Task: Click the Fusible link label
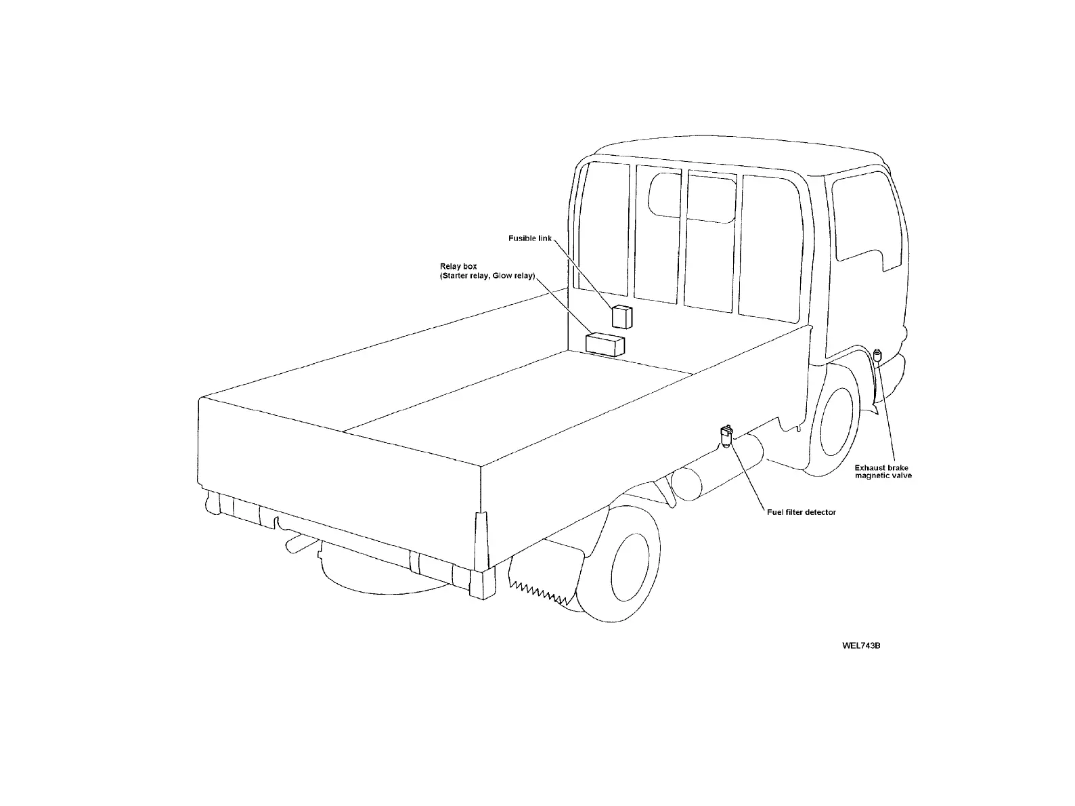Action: (x=530, y=238)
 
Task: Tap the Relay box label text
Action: (x=458, y=267)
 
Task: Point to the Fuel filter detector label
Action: (x=801, y=512)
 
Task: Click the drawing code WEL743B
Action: (x=860, y=645)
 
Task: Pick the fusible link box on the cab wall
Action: (x=621, y=316)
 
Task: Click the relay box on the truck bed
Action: (x=605, y=344)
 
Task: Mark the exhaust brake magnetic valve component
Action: (x=879, y=355)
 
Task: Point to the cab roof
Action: (x=731, y=152)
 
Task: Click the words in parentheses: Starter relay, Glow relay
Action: (x=487, y=276)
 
